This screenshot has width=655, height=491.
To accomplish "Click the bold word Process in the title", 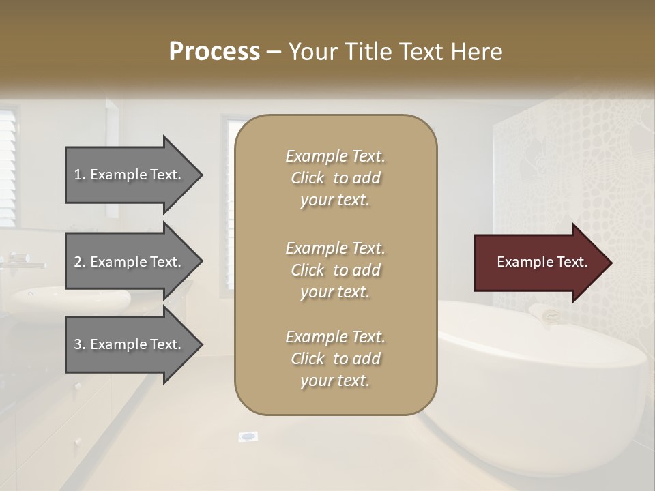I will pos(214,52).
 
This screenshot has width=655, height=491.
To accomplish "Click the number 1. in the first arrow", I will pos(80,175).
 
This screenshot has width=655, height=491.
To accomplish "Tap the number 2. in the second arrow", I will pos(80,262).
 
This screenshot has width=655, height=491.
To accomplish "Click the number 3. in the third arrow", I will pos(80,344).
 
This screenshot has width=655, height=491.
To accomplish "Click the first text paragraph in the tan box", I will pos(335,178).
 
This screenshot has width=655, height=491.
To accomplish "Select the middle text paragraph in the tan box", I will pos(335,270).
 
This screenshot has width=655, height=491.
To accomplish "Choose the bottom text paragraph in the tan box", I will pos(335,359).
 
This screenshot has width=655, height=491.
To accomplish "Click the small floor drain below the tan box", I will pos(248,436).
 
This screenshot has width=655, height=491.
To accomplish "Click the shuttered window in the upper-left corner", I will pos(8,167).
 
